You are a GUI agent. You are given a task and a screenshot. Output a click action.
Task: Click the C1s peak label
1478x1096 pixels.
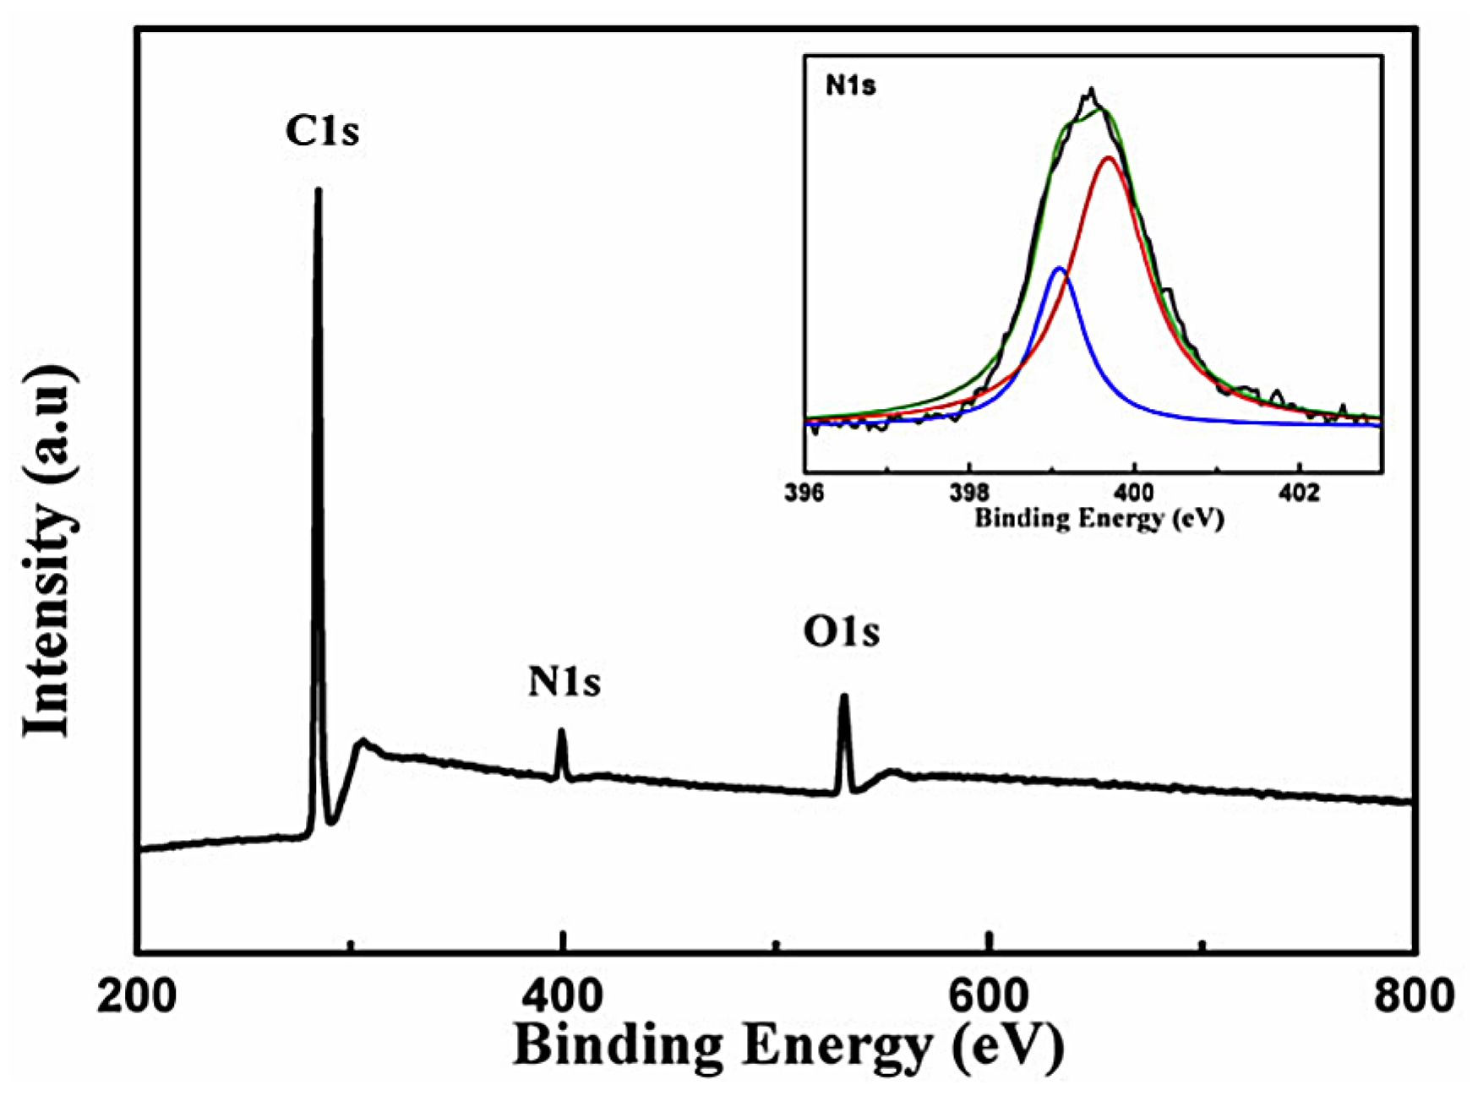pos(322,131)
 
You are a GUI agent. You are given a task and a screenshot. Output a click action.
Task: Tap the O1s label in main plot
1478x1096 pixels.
pos(842,632)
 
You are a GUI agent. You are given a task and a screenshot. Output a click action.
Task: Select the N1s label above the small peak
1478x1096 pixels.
pos(564,682)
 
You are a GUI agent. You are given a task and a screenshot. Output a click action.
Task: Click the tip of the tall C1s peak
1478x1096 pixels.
pos(318,191)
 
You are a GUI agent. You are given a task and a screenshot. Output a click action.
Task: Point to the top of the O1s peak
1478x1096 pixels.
pos(843,698)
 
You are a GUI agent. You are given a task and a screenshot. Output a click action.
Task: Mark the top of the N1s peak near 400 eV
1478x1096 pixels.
pos(561,732)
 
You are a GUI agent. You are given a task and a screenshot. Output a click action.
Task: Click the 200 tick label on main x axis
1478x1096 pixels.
pos(137,996)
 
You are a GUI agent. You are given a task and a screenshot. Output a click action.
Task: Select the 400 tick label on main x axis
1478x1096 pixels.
pos(562,996)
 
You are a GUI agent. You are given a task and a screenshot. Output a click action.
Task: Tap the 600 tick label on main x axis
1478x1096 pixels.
pos(988,996)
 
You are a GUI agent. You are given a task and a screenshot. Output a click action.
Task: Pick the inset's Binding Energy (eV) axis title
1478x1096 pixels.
pos(1099,517)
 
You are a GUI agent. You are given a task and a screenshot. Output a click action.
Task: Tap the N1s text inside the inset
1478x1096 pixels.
pos(851,85)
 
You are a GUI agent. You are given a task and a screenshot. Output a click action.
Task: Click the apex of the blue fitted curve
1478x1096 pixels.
pos(1059,269)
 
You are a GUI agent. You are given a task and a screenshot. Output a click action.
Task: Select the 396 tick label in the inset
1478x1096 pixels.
pos(804,493)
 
